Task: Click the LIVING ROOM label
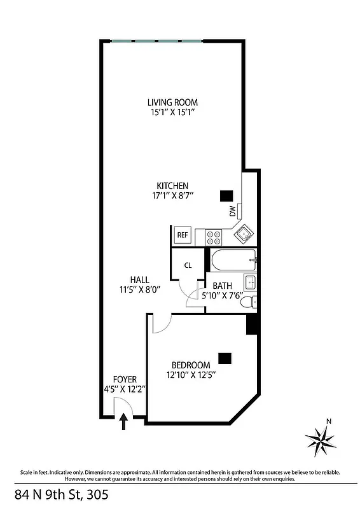(x=172, y=102)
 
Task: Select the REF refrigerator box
(x=183, y=235)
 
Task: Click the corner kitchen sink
(x=244, y=235)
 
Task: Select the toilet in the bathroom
(x=247, y=301)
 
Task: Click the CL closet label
(x=188, y=265)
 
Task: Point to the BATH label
(x=222, y=286)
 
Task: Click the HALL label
(x=139, y=280)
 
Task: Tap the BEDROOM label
(x=189, y=365)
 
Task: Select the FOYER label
(x=125, y=379)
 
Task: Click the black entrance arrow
(x=124, y=422)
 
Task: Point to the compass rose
(x=321, y=439)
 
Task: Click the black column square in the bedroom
(x=225, y=358)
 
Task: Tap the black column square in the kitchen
(x=226, y=196)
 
